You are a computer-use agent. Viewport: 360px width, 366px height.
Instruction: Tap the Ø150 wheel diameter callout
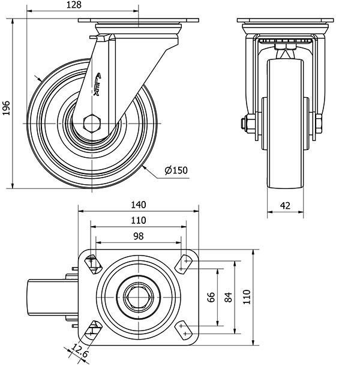(176, 170)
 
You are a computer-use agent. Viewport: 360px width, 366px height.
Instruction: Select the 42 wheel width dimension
(285, 205)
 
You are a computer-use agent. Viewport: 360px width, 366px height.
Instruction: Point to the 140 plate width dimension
(138, 205)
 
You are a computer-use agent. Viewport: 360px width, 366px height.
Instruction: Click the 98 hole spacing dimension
(138, 236)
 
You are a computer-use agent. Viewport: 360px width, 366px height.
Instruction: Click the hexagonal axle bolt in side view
(92, 123)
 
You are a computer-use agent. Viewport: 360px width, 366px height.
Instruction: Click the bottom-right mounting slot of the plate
(184, 329)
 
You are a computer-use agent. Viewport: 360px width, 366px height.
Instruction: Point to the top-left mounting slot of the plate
(92, 263)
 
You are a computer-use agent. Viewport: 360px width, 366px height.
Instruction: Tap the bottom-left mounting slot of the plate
(93, 329)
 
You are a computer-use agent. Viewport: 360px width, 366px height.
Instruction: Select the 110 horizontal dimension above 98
(138, 220)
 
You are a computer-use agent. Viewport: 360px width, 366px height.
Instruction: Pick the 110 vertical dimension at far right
(246, 296)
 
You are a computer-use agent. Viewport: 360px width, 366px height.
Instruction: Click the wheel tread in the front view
(285, 168)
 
